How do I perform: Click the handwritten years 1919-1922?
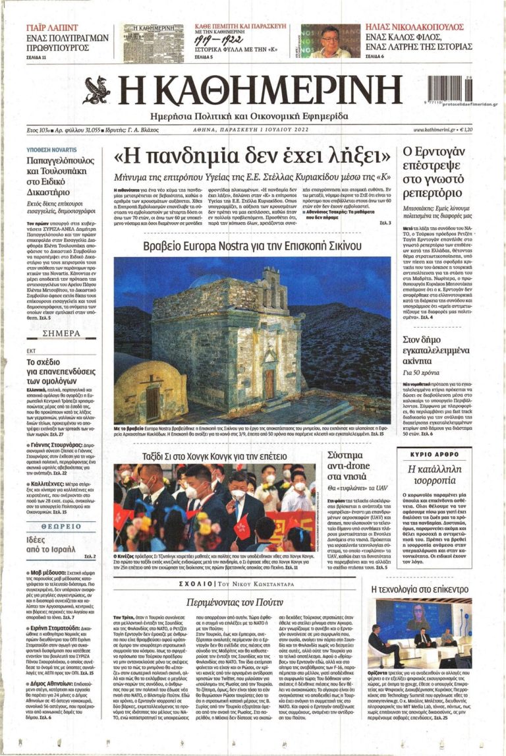(217, 41)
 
